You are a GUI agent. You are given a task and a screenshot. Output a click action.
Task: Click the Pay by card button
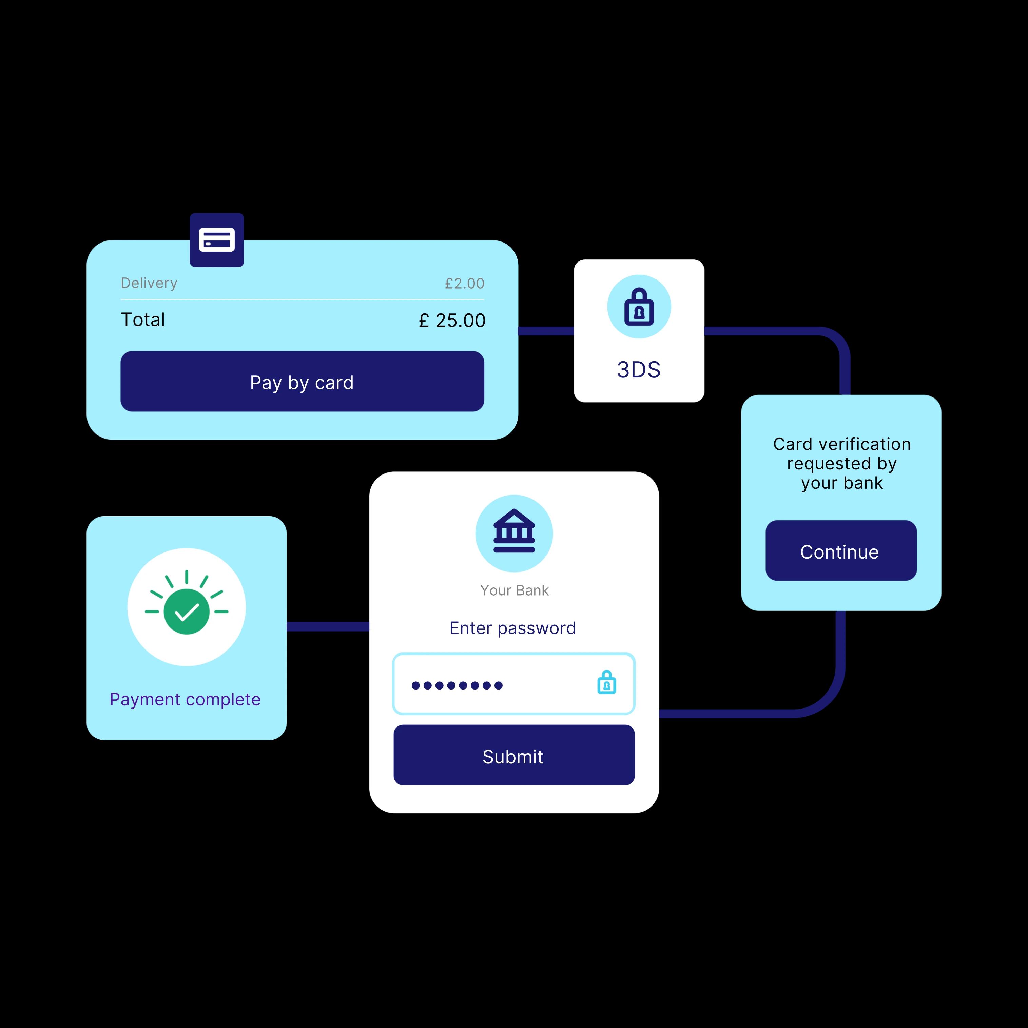coord(302,382)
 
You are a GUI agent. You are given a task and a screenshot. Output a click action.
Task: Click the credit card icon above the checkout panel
coord(217,240)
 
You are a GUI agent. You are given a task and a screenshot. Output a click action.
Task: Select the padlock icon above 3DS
coord(639,307)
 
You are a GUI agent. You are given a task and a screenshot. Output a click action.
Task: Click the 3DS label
coord(639,370)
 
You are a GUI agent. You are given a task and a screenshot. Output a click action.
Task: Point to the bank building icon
coord(514,532)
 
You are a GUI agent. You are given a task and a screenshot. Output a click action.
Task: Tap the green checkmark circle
coord(186,612)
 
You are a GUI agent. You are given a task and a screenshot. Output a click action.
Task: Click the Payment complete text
coord(185,699)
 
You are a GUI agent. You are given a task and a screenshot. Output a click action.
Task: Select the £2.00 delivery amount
coord(465,284)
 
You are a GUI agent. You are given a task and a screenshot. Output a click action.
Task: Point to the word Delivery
coord(149,283)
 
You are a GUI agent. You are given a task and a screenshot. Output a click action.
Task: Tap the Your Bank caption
coord(514,590)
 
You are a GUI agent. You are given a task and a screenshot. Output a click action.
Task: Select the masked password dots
coord(457,685)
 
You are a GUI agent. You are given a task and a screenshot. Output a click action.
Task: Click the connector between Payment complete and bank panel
coord(328,626)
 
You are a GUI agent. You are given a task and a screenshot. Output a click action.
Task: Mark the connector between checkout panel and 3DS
coord(546,331)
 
